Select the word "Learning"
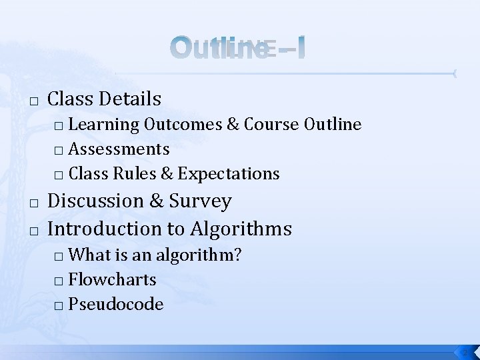pyautogui.click(x=103, y=125)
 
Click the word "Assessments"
pyautogui.click(x=119, y=149)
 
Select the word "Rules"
pyautogui.click(x=137, y=174)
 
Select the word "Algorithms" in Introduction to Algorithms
pyautogui.click(x=241, y=229)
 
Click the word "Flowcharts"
pyautogui.click(x=112, y=279)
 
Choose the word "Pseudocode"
pyautogui.click(x=115, y=304)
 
